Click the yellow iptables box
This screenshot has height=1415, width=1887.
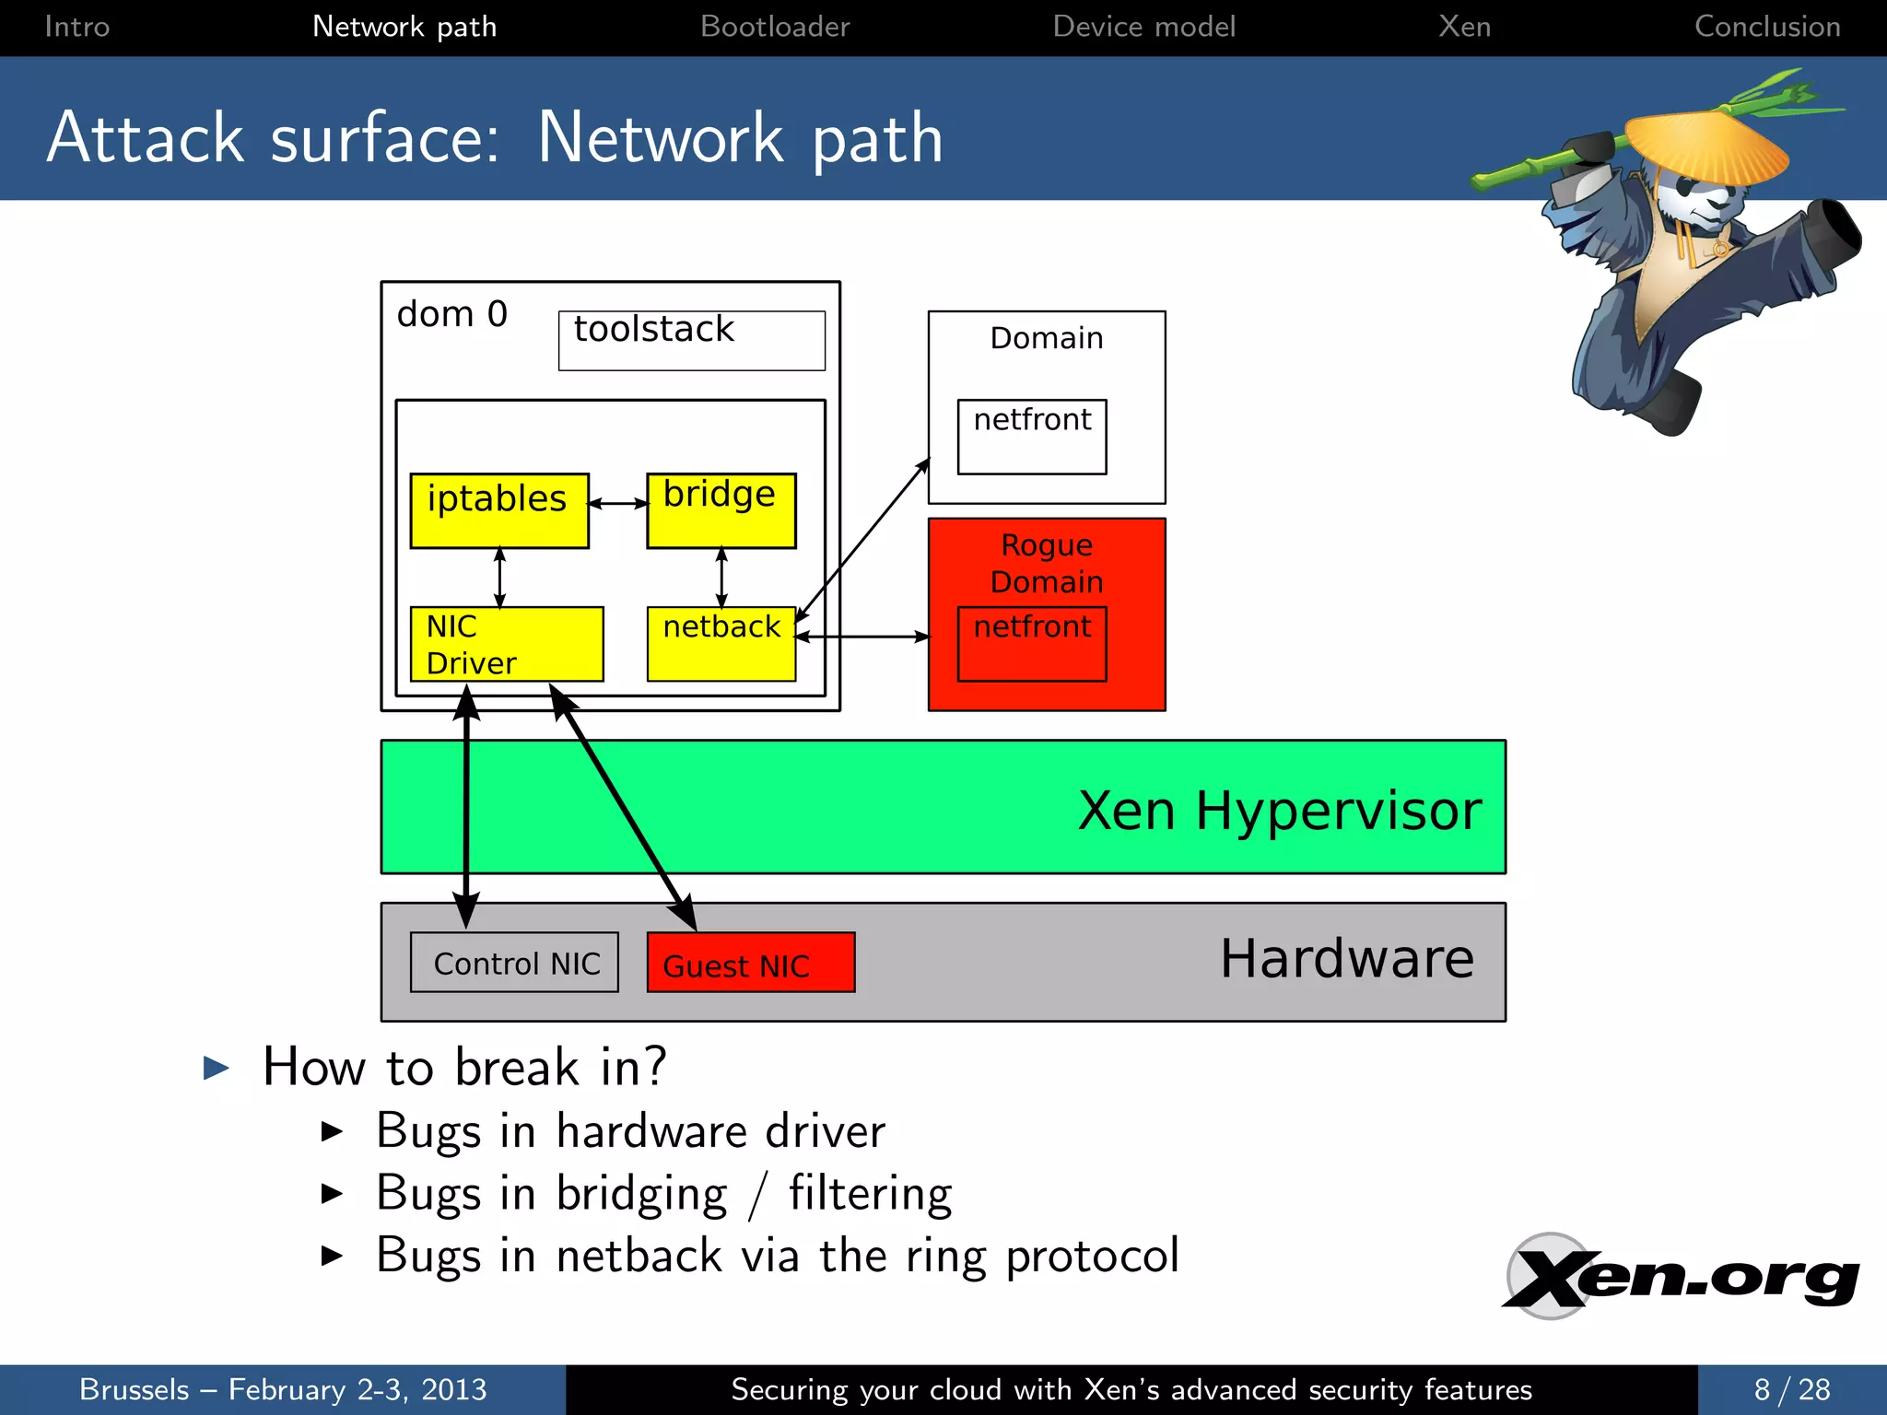tap(498, 510)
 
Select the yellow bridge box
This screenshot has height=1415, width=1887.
tap(721, 510)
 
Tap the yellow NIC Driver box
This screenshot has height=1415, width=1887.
tap(506, 644)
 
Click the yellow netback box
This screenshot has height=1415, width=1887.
tap(721, 644)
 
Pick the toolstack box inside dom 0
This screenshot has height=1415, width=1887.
tap(691, 340)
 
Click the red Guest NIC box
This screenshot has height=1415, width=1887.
tap(750, 963)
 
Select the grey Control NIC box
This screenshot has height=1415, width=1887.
tap(514, 963)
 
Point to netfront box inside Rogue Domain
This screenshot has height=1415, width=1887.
tap(1031, 644)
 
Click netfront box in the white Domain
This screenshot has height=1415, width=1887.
tap(1031, 437)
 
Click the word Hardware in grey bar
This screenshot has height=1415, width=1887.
tap(1346, 958)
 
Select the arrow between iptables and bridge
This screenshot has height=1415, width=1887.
tap(617, 503)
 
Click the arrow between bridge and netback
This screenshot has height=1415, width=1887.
tap(721, 578)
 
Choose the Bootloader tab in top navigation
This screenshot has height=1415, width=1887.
tap(774, 27)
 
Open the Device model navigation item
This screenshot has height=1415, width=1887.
tap(1143, 27)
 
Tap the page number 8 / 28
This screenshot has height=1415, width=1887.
tap(1791, 1389)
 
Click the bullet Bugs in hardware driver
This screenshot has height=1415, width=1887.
tap(630, 1131)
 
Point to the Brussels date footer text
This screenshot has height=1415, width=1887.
tap(282, 1389)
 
